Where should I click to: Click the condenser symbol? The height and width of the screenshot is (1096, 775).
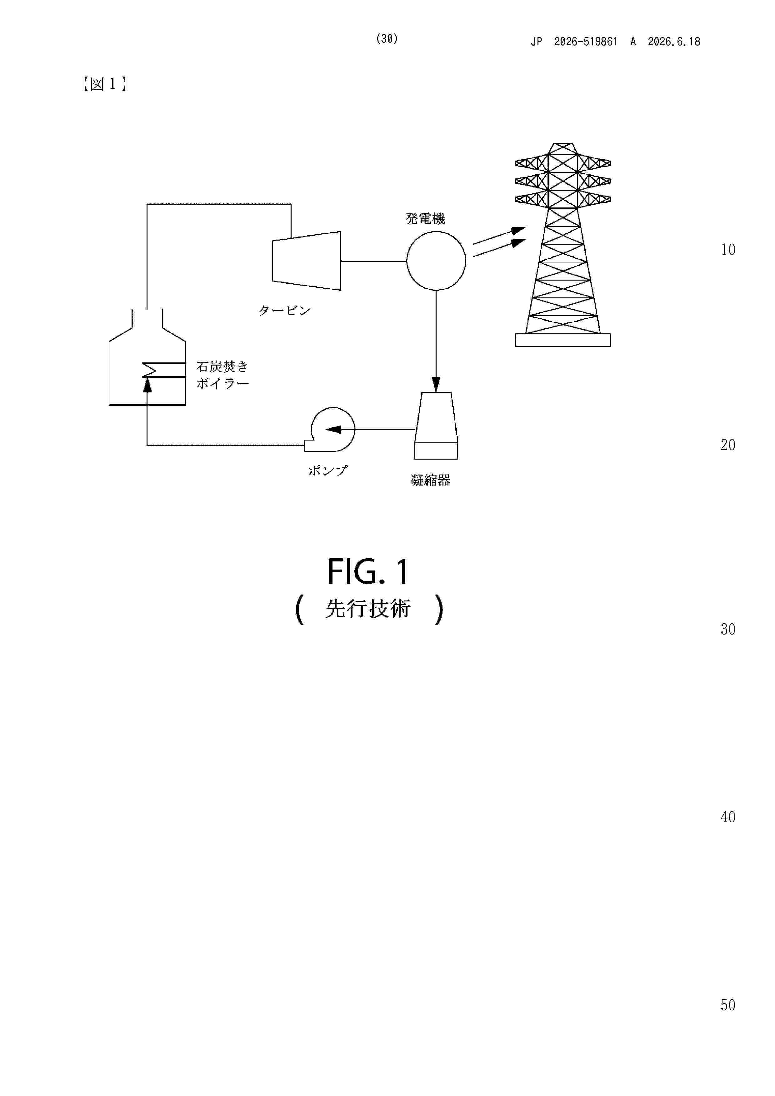coord(436,426)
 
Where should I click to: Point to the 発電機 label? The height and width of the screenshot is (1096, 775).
coord(425,219)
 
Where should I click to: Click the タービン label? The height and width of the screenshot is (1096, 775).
coord(285,310)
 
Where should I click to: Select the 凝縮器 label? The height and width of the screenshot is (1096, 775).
coord(430,480)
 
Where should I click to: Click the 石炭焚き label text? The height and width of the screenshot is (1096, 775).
coord(222,366)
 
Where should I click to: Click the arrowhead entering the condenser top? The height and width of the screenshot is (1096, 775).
coord(436,385)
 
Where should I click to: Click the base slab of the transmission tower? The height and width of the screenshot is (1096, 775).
coord(563,340)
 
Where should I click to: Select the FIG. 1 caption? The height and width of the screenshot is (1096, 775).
coord(368,571)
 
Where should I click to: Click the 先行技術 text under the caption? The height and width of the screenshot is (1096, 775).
coord(368,609)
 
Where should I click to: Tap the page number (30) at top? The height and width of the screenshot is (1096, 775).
coord(387,39)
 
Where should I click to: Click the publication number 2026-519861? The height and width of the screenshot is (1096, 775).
coord(585,42)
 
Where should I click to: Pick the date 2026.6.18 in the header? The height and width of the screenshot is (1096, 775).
coord(674,42)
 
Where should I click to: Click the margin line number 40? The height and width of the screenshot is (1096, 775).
coord(728,817)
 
